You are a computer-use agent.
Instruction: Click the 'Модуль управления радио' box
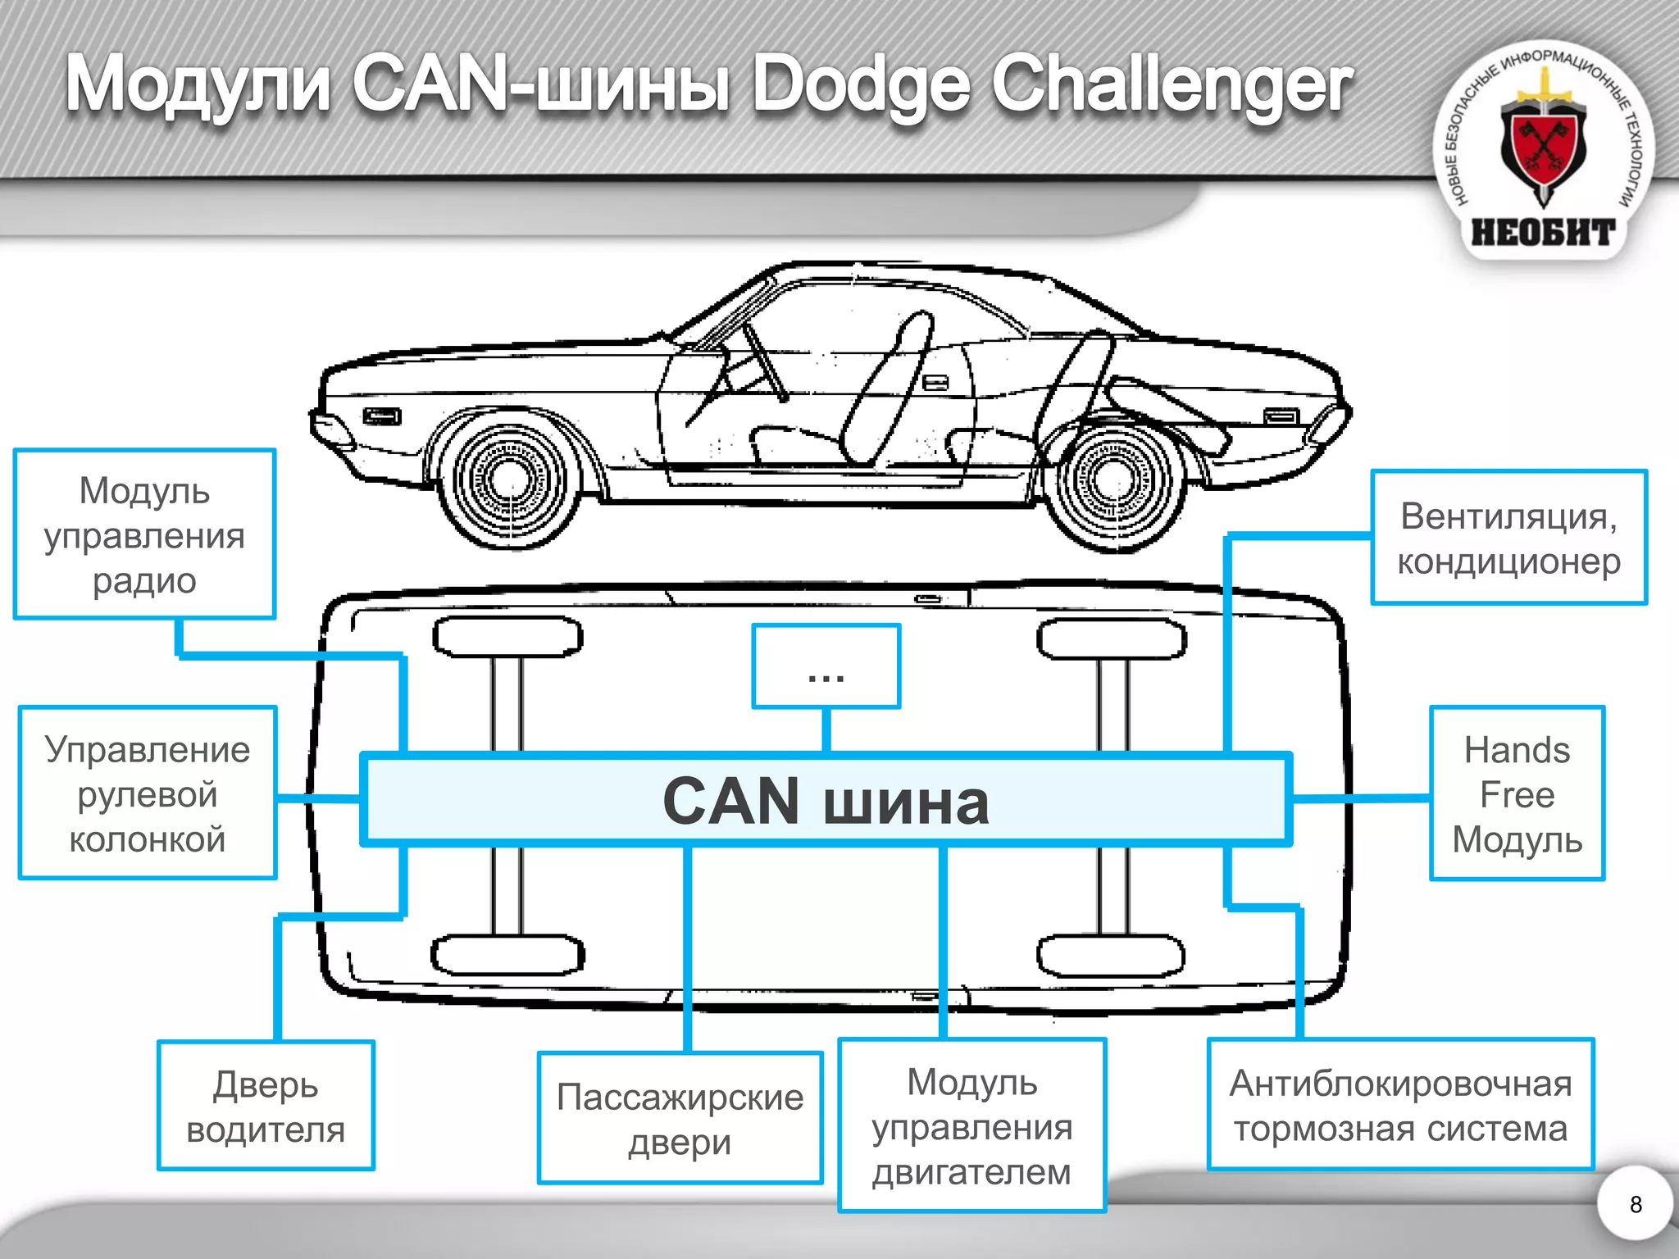[144, 534]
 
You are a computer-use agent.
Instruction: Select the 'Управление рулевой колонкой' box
[148, 793]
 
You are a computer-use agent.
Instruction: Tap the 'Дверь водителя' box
[266, 1106]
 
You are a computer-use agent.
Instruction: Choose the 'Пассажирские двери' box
[680, 1118]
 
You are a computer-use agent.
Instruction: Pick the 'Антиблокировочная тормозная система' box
[1400, 1105]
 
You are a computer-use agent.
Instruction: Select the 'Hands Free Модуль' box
[1517, 793]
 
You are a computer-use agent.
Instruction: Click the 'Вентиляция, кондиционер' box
[1508, 538]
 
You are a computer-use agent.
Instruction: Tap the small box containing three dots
[826, 666]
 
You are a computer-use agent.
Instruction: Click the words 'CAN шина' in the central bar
[826, 801]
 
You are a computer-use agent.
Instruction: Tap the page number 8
[1636, 1204]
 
